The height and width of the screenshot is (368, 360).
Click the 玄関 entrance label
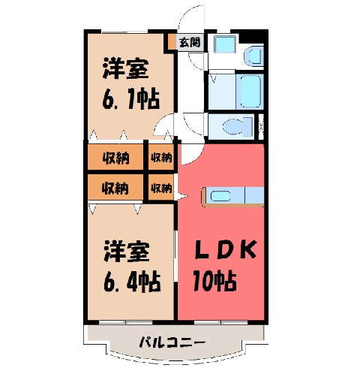pos(190,42)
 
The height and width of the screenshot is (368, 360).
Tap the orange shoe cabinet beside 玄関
pos(172,41)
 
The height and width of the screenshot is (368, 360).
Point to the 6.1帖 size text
pos(130,98)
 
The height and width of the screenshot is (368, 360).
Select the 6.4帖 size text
pos(132,281)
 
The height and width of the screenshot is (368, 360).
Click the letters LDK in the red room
pos(226,249)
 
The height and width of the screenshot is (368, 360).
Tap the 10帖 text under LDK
pos(214,281)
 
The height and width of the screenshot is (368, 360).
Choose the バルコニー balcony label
pos(172,342)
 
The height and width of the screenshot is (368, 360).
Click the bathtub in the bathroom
pos(250,91)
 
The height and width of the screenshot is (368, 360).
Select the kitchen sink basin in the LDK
pos(220,196)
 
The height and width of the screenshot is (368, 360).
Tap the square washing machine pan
pos(225,44)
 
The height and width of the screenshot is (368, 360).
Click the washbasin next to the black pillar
pos(254,56)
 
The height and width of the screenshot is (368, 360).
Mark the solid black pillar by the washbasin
pos(252,37)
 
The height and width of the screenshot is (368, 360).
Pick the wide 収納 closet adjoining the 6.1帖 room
pos(115,158)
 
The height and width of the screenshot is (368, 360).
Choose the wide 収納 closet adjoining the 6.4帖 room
pos(115,187)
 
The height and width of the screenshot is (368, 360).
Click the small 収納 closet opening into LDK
pos(161,187)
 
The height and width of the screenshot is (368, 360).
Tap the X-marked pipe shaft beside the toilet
pos(261,126)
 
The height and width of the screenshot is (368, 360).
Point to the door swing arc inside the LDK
pos(196,158)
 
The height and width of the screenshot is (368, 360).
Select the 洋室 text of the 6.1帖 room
pos(126,68)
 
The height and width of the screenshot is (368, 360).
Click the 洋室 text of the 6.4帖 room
pos(127,252)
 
